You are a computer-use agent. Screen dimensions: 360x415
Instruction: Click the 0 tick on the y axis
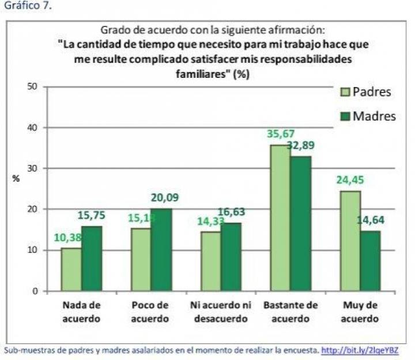tap(34, 291)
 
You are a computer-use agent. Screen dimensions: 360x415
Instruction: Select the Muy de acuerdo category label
tap(360, 312)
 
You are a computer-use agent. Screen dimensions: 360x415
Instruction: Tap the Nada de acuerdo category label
tap(81, 312)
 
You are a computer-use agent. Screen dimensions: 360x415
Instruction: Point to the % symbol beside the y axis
tap(17, 178)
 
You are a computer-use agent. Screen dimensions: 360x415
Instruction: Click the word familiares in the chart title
tap(201, 74)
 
